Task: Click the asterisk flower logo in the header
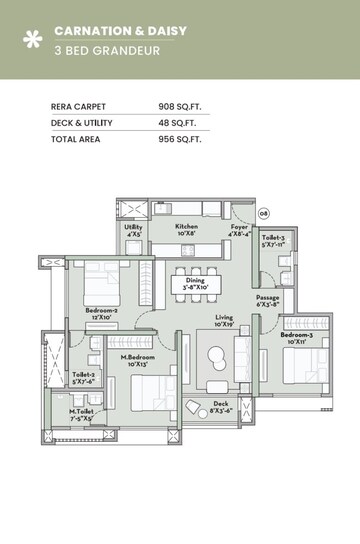coord(34,40)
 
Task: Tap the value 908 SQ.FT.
coord(180,105)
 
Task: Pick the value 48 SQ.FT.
coord(178,122)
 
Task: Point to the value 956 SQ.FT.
coord(180,139)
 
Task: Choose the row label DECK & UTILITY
coord(82,122)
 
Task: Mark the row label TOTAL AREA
coord(75,139)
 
